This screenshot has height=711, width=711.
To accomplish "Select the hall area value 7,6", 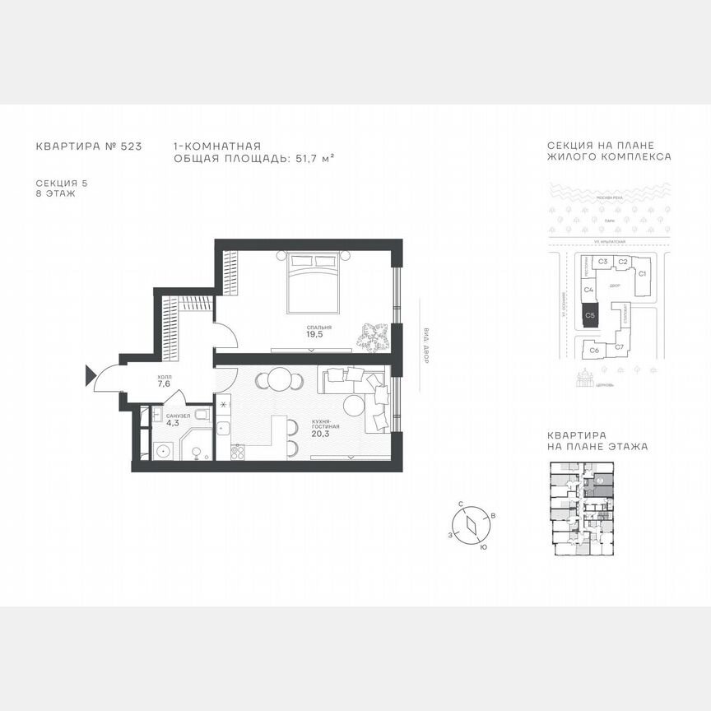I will pos(163,383).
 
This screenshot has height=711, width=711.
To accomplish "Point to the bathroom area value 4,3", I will pos(172,424).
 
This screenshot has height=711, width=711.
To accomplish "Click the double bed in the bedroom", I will pos(314,281).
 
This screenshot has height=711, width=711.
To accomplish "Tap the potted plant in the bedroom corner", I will pos(373,334).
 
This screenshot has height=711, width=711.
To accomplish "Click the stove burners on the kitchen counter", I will pos(238,451).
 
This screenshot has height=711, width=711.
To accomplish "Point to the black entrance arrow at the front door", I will pos(91,376).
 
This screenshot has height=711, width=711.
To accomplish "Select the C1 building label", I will pos(644,272).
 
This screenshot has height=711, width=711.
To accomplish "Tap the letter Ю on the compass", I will pos(483,546).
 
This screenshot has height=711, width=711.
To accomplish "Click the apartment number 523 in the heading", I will pos(132,146).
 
